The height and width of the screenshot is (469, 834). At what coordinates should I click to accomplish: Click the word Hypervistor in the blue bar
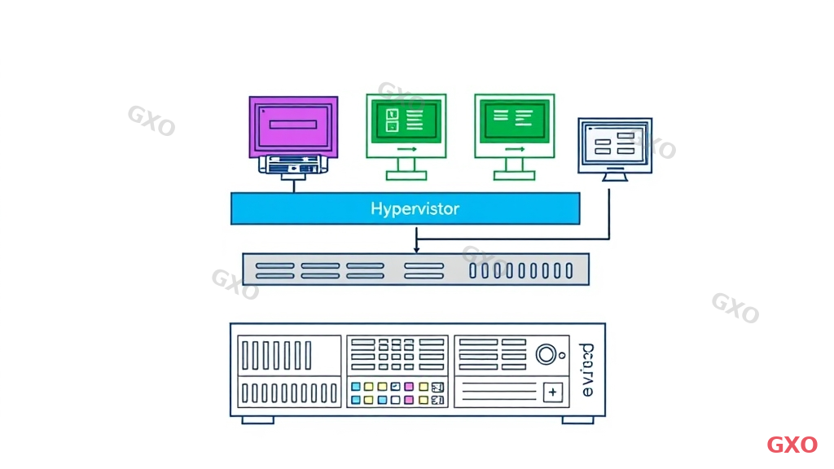point(415,209)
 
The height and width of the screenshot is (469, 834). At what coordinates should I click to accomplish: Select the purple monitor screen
point(293,125)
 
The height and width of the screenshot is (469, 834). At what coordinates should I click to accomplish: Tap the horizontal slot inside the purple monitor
point(292,125)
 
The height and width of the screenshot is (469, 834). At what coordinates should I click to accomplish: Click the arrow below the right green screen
point(514,150)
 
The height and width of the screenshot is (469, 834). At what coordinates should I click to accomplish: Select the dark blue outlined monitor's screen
point(615,144)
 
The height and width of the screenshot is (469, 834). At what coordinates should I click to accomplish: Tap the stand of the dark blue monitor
point(615,175)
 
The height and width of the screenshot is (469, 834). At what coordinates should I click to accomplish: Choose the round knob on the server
point(546,355)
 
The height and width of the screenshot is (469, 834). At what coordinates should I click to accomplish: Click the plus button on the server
point(553,392)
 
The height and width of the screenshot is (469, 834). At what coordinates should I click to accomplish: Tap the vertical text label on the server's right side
point(589,370)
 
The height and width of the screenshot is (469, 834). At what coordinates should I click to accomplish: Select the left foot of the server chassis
point(257,419)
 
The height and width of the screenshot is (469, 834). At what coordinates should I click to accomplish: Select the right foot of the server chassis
point(577,419)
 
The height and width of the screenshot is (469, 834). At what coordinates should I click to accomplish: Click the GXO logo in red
point(792,445)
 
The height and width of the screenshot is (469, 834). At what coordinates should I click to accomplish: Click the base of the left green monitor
point(406,176)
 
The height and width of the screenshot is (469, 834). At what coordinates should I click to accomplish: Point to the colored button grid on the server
point(397,393)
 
